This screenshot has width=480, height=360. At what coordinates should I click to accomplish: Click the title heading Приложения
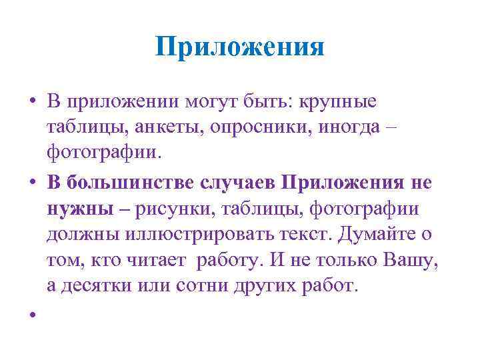(239, 47)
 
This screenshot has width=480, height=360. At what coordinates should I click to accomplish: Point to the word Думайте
(383, 235)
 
